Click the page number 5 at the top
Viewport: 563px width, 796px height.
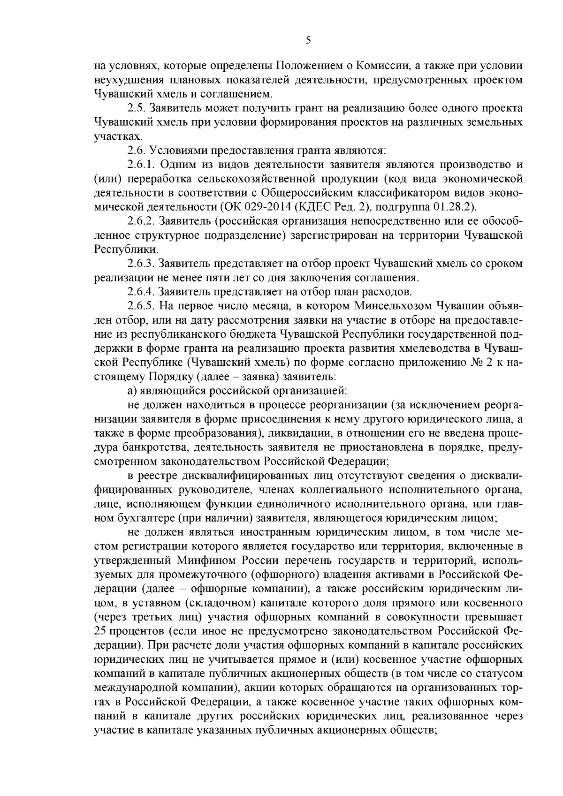tap(308, 40)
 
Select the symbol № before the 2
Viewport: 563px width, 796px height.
tap(470, 363)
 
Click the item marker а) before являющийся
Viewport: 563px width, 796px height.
tap(132, 390)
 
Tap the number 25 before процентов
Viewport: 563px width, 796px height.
tap(100, 631)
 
